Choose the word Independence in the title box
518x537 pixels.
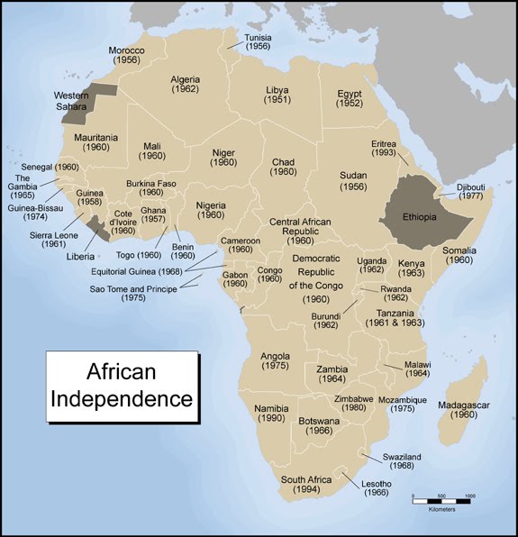pyautogui.click(x=123, y=396)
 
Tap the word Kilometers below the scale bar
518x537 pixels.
pyautogui.click(x=441, y=510)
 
